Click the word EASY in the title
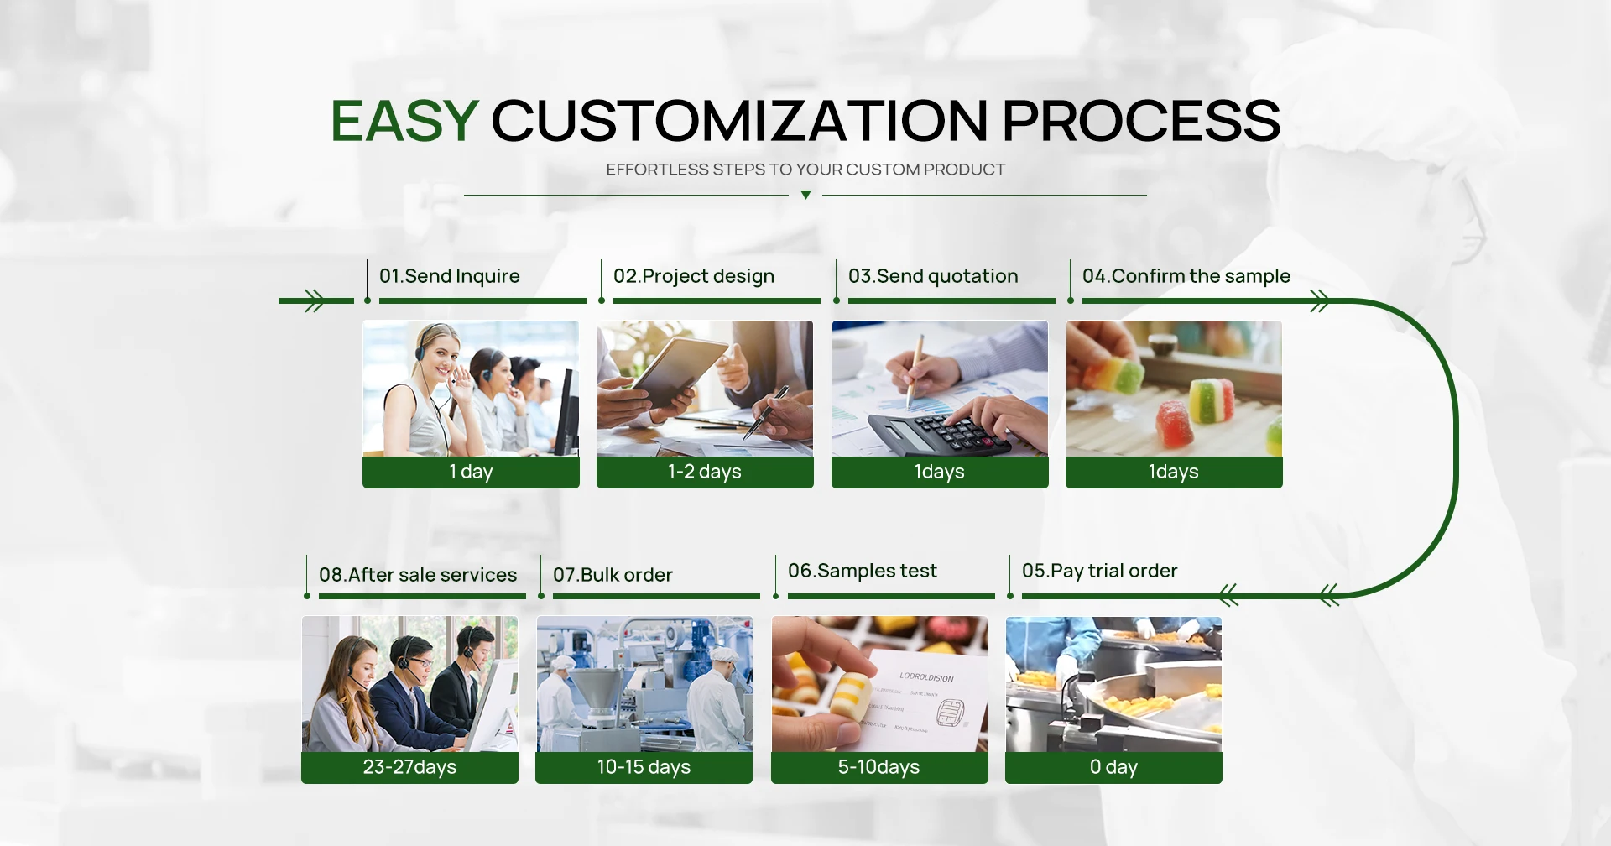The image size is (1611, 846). [404, 121]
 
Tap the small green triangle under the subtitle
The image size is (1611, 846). [805, 195]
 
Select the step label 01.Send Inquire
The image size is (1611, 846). [450, 276]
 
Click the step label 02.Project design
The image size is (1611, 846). [694, 277]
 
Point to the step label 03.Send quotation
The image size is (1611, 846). [933, 276]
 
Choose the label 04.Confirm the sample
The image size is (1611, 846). [1186, 276]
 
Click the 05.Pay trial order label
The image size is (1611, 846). [1100, 571]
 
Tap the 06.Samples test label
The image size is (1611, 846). [863, 571]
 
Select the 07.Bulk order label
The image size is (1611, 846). [613, 575]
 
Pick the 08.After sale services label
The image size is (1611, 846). [418, 575]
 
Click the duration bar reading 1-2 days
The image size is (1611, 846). [705, 472]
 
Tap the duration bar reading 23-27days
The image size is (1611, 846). [409, 767]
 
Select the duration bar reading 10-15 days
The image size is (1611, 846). [644, 767]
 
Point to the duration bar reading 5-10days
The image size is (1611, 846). [879, 767]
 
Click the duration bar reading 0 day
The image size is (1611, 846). [1113, 767]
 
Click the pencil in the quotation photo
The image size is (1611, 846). [915, 369]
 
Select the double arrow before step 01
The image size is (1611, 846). [315, 300]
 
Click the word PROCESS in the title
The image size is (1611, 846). [1141, 121]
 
